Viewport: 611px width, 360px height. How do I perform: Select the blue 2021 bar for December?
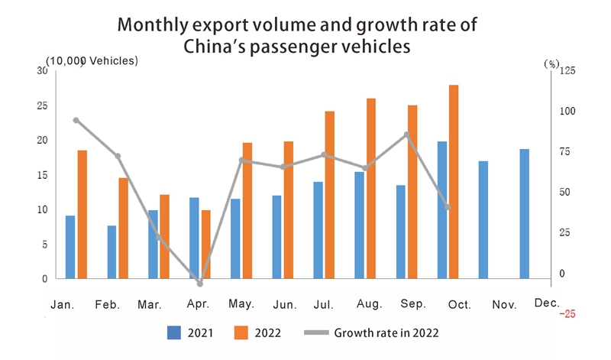tap(524, 214)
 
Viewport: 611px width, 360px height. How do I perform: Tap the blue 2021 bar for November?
tap(483, 220)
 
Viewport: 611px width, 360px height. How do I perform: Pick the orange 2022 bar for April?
tap(205, 245)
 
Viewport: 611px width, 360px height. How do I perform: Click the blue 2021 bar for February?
tap(112, 252)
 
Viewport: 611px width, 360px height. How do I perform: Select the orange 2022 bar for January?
tap(82, 215)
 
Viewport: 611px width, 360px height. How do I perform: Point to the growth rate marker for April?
tap(200, 284)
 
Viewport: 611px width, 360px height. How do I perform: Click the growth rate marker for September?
tap(407, 135)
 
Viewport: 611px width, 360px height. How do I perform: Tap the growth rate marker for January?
tap(76, 120)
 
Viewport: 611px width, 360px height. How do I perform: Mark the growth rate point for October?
tap(448, 207)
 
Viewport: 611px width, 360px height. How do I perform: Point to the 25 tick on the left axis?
tap(42, 105)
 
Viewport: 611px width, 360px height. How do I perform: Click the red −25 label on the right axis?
tap(567, 313)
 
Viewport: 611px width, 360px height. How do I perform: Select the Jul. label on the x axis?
tap(324, 305)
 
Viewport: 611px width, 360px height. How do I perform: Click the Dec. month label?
tap(547, 303)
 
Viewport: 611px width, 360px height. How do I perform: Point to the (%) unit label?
tap(551, 63)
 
